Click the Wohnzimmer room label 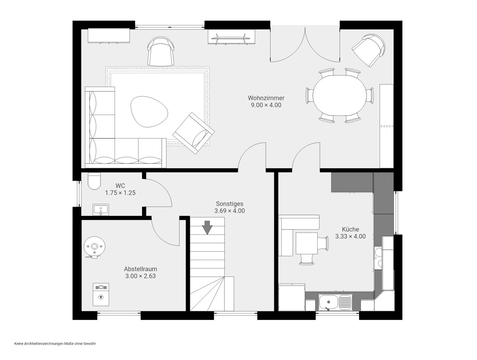click(x=266, y=98)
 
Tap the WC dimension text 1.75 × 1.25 click(x=120, y=193)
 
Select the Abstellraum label click(x=140, y=269)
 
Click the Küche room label click(x=350, y=229)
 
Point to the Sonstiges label click(x=229, y=204)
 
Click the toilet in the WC click(x=94, y=181)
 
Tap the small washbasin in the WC click(x=100, y=210)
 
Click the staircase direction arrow click(x=208, y=228)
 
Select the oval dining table click(x=339, y=96)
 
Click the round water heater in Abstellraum click(x=94, y=247)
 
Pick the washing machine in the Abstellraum click(x=101, y=294)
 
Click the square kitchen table click(x=307, y=243)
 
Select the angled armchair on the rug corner click(x=193, y=133)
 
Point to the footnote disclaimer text click(x=55, y=343)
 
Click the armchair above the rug click(x=161, y=51)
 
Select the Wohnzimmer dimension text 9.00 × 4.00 click(x=266, y=105)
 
